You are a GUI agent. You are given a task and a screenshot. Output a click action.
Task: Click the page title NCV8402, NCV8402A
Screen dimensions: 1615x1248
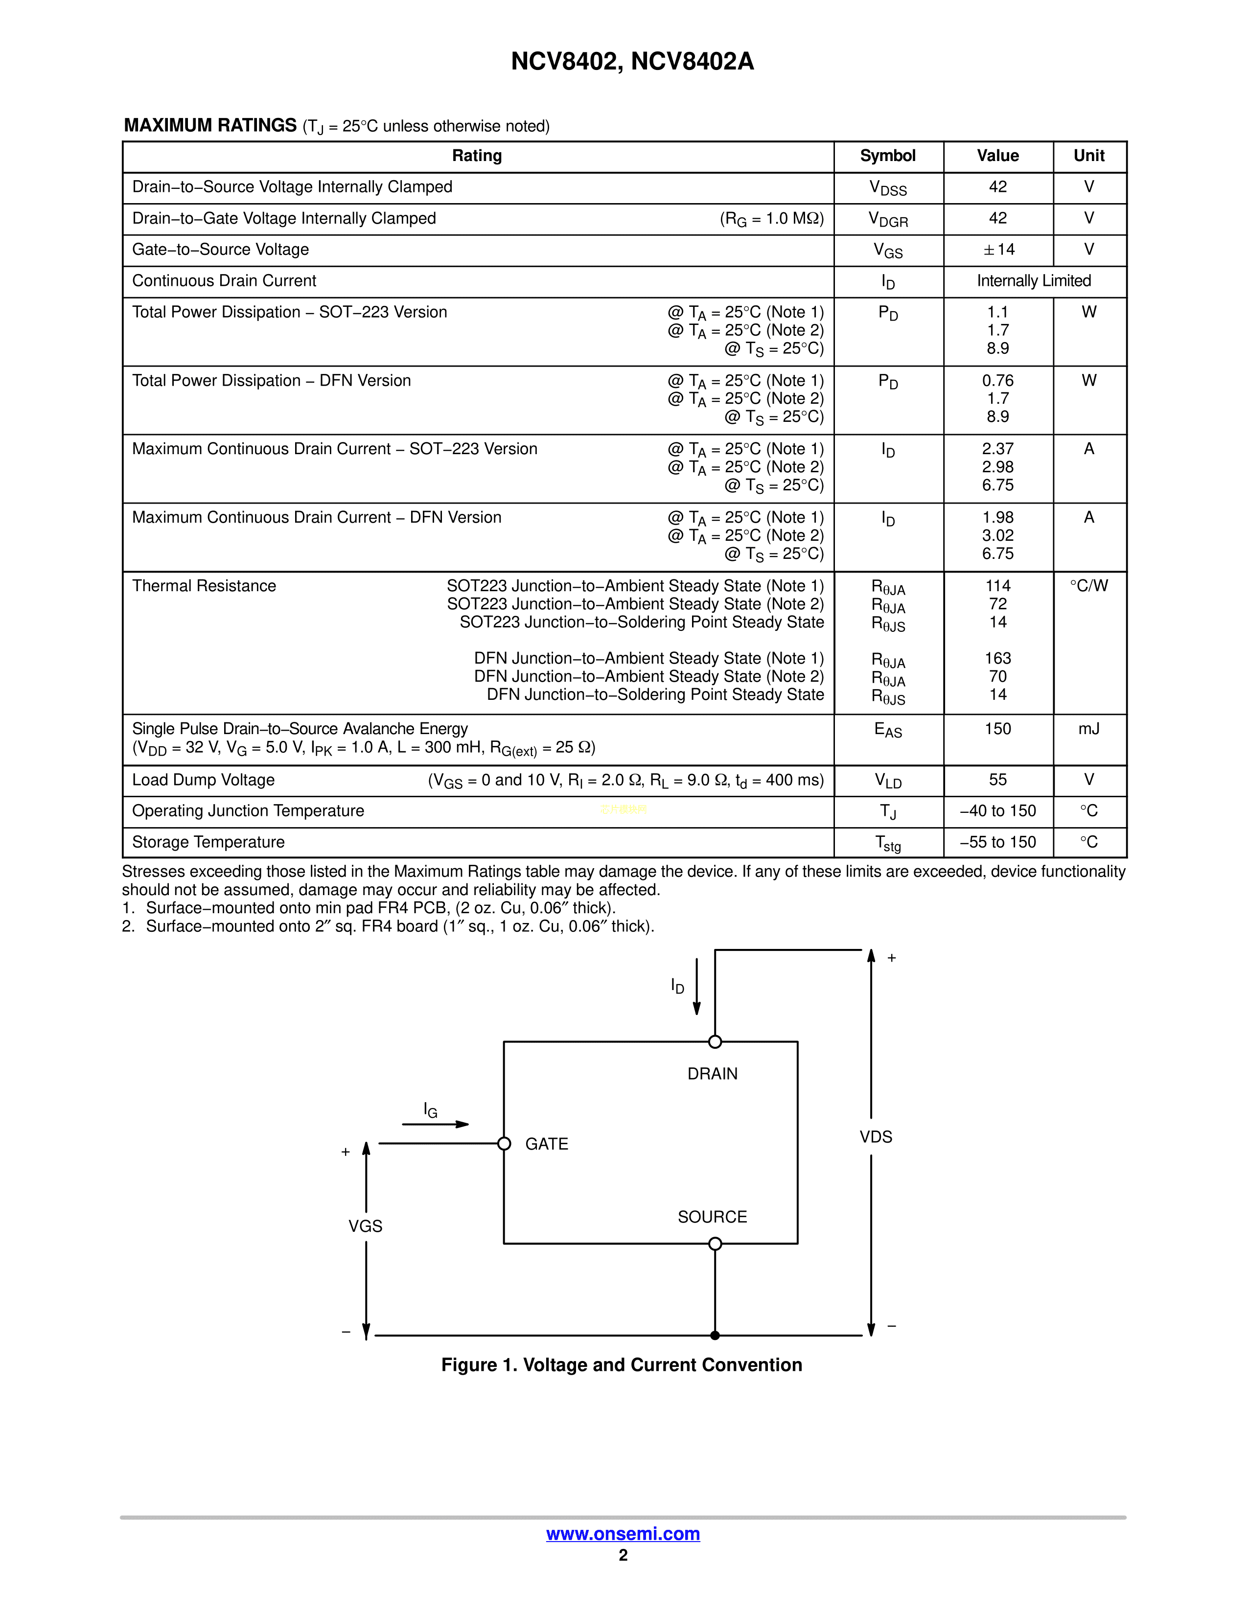(632, 61)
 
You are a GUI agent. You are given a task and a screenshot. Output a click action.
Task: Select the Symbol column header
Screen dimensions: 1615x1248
(887, 156)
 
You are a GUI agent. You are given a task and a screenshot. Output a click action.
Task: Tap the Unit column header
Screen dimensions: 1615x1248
(1088, 156)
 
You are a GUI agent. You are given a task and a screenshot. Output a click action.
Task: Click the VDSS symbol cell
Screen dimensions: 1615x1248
(887, 188)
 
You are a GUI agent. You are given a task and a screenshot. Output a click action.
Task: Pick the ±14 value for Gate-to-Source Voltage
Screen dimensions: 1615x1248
(998, 250)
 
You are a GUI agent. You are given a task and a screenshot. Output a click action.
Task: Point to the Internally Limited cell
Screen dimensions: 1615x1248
(1034, 281)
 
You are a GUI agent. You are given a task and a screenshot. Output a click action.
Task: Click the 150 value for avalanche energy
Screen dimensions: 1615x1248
(997, 729)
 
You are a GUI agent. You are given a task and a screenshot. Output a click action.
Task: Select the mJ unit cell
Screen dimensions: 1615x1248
(1088, 729)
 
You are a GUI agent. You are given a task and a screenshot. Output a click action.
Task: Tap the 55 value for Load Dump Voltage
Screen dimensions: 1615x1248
(997, 780)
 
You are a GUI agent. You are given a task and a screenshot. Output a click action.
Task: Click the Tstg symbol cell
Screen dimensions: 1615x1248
(887, 843)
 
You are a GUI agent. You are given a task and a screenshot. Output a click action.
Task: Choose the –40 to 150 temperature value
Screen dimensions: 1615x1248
(997, 811)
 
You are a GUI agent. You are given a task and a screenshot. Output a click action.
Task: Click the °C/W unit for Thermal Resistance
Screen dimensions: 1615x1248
(1088, 586)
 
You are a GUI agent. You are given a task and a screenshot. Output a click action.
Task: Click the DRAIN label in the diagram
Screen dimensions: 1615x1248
(712, 1074)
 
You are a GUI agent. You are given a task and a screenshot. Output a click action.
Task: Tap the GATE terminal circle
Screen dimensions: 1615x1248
(504, 1144)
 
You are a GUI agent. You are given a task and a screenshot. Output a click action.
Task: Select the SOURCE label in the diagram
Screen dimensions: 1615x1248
(712, 1217)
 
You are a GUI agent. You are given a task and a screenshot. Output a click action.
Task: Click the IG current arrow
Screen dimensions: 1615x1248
(436, 1124)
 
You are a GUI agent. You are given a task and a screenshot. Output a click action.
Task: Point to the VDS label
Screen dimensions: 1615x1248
(876, 1137)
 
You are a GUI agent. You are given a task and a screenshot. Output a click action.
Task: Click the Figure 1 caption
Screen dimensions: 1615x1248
(621, 1365)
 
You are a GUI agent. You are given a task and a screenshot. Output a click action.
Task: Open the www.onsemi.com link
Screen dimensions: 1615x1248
(623, 1534)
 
